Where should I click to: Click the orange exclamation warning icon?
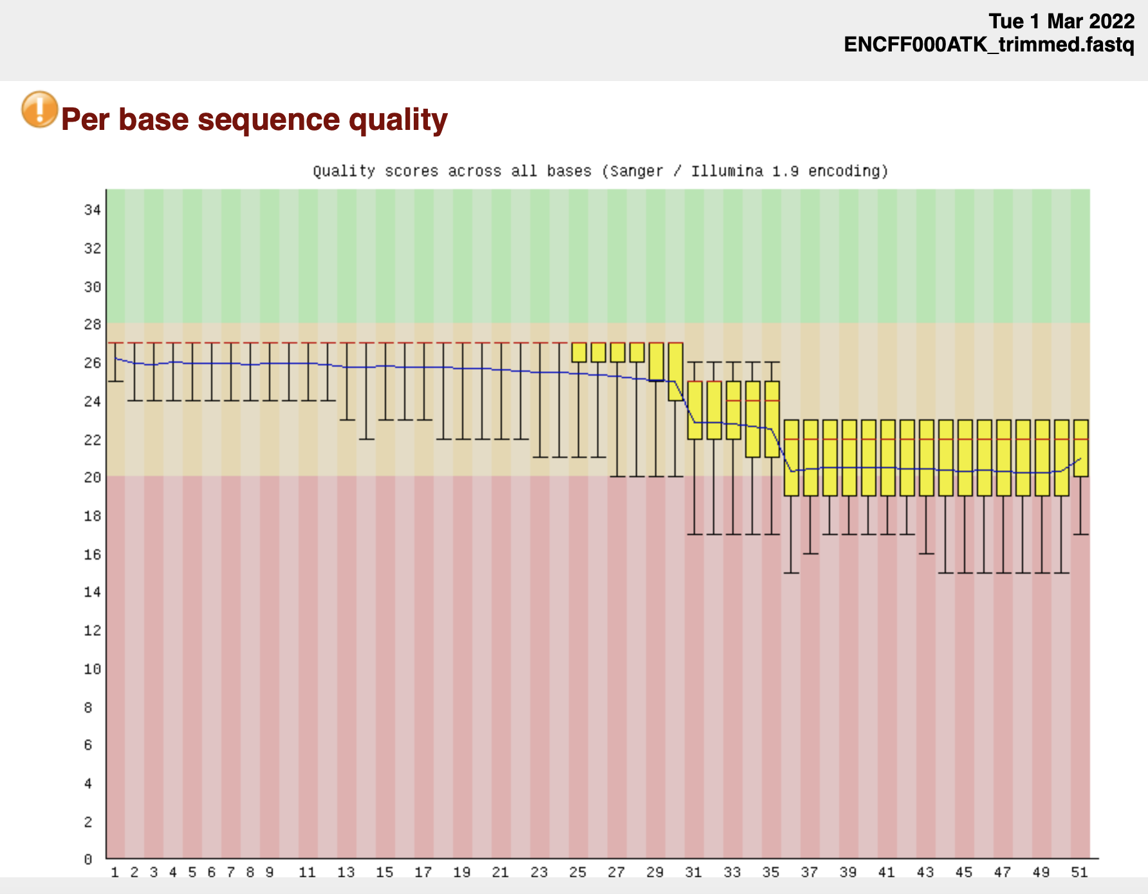click(39, 109)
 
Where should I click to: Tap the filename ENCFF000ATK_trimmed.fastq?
click(989, 45)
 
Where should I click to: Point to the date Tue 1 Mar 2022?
click(1061, 21)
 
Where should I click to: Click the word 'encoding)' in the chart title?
click(848, 171)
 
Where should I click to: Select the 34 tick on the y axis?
click(93, 210)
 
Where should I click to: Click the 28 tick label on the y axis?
click(93, 324)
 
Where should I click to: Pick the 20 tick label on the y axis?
click(93, 477)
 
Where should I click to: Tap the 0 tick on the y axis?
click(88, 859)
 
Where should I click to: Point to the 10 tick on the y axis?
click(93, 669)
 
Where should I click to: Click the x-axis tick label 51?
click(1079, 872)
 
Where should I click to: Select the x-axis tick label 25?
click(578, 872)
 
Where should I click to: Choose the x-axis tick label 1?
click(115, 872)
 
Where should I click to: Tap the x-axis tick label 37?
click(810, 872)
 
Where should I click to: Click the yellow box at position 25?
click(579, 352)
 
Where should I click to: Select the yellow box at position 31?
click(695, 410)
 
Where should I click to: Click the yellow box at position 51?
click(1081, 448)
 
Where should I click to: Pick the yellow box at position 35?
click(772, 419)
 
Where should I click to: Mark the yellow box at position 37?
click(811, 458)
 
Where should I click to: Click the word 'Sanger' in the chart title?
click(636, 171)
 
